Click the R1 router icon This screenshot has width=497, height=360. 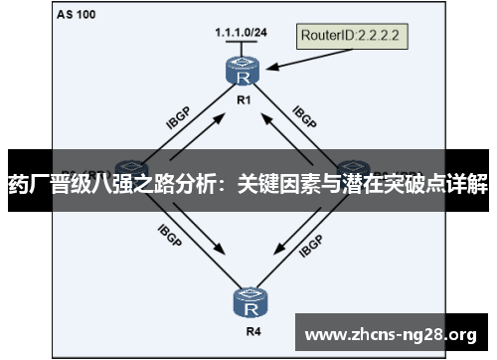(x=242, y=73)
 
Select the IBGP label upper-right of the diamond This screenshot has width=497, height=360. (x=304, y=116)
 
